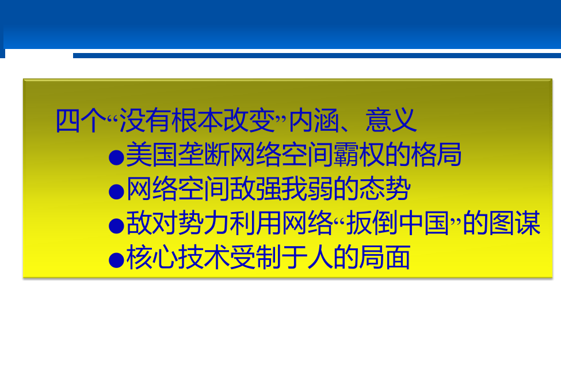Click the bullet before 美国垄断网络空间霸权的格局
coord(116,157)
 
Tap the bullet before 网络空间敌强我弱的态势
coord(116,192)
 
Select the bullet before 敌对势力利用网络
coord(116,226)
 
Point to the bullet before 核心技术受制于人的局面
coord(116,260)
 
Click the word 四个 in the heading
coord(81,120)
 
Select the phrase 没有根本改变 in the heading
coord(197,120)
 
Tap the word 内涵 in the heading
coord(314,120)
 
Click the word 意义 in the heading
coord(391,120)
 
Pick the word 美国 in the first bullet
coord(152,154)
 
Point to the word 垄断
coord(203,154)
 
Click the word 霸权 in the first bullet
coord(358,154)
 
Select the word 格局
coord(436,154)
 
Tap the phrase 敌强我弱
coord(281,189)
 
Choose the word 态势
coord(384,189)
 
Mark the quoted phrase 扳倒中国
coord(398,223)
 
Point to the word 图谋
coord(515,223)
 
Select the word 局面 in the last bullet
coord(384,258)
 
